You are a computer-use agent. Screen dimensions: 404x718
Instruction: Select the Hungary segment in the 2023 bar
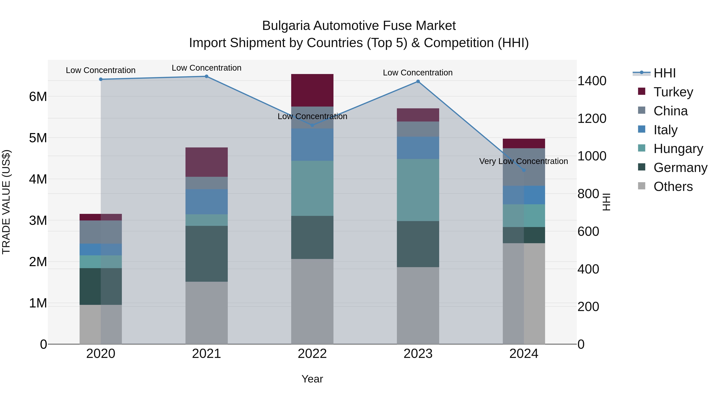pos(418,190)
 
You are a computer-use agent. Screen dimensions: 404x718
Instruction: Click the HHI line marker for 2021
pos(207,76)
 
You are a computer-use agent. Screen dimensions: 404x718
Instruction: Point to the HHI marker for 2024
pos(524,170)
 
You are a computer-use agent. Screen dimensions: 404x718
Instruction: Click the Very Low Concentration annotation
pos(524,161)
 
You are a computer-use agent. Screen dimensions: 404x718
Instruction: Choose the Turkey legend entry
pos(673,92)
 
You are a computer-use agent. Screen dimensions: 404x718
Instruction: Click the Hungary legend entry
pos(678,149)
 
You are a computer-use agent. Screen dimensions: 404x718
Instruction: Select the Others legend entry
pos(673,187)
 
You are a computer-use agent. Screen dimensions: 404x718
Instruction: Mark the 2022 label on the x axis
pos(312,354)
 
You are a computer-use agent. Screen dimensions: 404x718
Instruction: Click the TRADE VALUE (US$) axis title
pos(6,202)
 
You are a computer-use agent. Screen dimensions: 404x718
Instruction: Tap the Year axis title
pos(312,379)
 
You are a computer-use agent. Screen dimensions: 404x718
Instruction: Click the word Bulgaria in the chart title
pos(286,26)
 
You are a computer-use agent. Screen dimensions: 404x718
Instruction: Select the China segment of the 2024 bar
pos(524,167)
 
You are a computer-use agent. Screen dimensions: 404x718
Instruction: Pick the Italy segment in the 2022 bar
pos(312,144)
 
